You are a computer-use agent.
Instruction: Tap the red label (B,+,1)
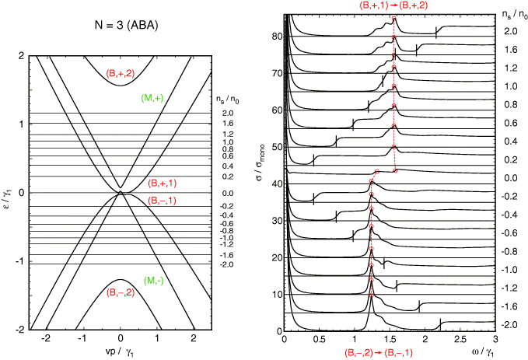coord(164,184)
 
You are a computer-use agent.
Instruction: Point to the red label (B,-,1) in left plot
coord(164,200)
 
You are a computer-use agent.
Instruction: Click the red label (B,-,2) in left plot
coord(121,293)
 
